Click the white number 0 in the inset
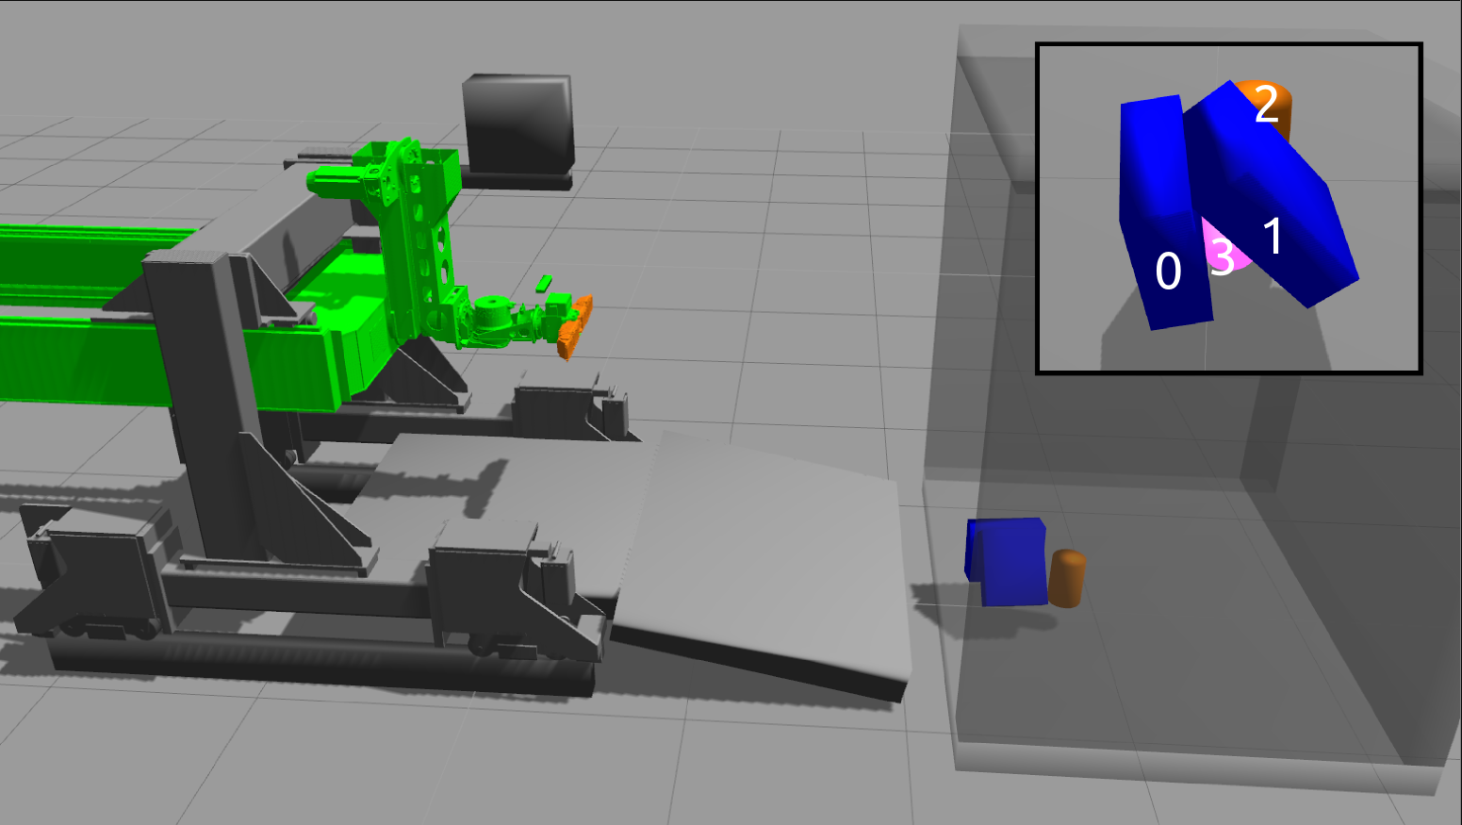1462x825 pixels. tap(1168, 271)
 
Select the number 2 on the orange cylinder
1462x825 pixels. tap(1267, 104)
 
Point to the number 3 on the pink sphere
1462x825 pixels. tap(1223, 256)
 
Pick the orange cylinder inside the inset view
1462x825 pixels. tap(1271, 107)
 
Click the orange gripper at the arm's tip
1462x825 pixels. tap(576, 327)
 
